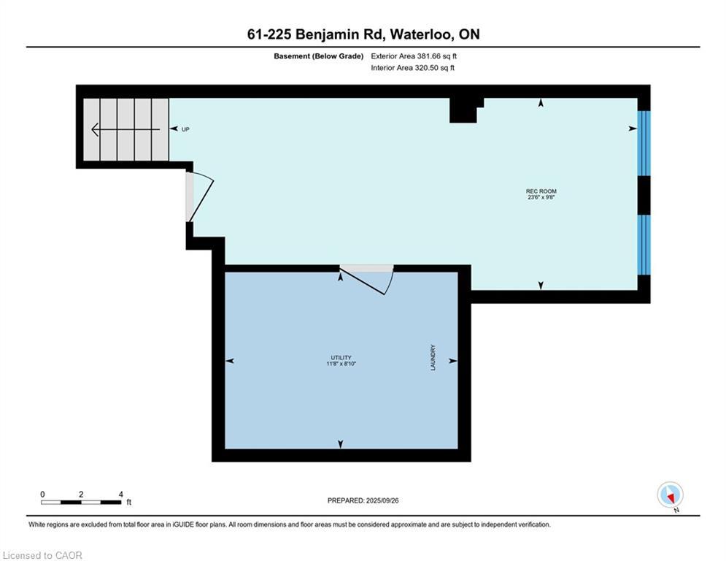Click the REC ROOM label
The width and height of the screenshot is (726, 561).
541,191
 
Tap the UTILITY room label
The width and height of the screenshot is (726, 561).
340,357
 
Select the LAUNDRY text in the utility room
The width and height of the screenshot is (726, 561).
433,358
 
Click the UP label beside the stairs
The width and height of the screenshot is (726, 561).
185,129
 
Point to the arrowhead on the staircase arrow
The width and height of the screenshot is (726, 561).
95,129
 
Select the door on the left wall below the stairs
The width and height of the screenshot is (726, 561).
198,196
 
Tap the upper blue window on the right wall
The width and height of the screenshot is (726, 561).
644,143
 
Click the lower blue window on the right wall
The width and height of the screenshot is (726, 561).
644,244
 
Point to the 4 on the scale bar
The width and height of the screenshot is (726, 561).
120,495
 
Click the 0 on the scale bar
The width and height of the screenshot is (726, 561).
42,495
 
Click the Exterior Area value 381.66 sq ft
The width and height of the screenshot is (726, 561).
436,56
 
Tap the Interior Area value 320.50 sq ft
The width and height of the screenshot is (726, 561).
436,68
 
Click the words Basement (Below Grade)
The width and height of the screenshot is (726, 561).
318,56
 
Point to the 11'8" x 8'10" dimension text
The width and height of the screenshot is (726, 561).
340,363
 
